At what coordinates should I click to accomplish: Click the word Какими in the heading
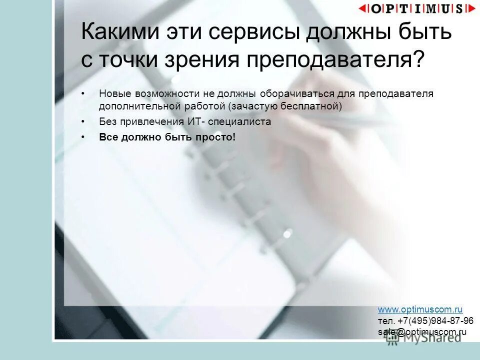click(114, 32)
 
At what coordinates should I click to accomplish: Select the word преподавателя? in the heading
click(334, 59)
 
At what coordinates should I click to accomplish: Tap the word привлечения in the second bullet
click(150, 121)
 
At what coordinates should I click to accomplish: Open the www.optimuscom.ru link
click(420, 310)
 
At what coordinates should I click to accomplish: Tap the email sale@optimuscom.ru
click(422, 331)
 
